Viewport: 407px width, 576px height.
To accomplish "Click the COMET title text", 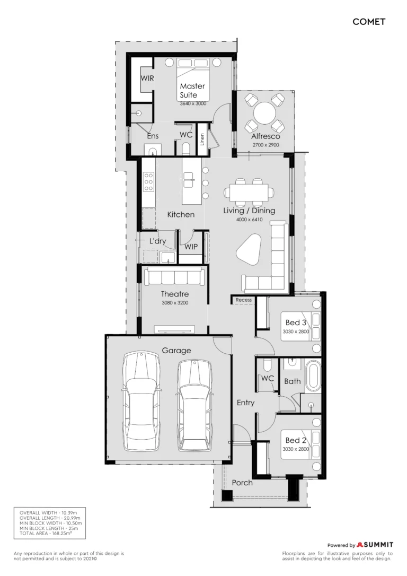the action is click(369, 22).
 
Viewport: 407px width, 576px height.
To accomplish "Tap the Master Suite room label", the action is click(192, 90).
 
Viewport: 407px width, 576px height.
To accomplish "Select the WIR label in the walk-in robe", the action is click(147, 78).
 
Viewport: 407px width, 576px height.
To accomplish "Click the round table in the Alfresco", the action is click(266, 113).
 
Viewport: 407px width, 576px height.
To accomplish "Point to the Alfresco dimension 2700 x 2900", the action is click(266, 145).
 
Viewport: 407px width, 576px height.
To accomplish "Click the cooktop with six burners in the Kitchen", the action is click(148, 182).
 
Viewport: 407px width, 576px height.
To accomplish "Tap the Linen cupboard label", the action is click(202, 139).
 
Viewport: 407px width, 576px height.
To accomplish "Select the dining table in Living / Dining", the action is click(249, 193).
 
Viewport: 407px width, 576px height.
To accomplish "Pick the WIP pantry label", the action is click(191, 247).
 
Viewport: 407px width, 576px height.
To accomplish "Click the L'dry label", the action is click(157, 241).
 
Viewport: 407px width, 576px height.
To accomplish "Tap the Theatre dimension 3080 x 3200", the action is click(175, 303).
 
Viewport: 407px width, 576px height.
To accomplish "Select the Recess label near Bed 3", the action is click(244, 300).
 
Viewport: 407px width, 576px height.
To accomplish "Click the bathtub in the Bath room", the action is click(313, 376).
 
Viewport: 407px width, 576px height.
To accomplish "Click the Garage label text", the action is click(176, 351).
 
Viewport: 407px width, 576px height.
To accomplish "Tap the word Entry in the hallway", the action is click(245, 403).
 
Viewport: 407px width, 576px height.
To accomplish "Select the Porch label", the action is click(242, 483).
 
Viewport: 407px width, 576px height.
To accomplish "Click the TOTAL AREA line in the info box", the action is click(46, 533).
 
